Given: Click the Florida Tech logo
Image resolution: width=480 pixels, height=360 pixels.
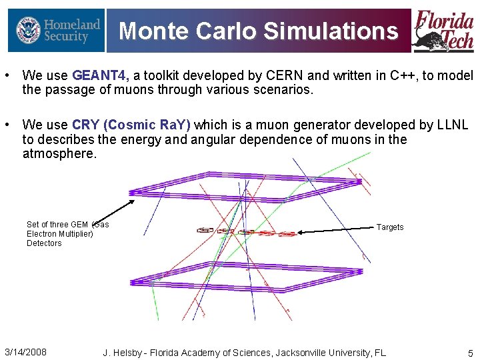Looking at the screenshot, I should point(443,31).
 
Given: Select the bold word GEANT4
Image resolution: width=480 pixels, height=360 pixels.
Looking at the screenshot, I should point(101,76).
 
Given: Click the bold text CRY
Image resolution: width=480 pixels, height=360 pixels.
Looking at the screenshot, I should point(85,125).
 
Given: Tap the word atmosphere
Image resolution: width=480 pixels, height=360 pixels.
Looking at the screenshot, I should point(59,154).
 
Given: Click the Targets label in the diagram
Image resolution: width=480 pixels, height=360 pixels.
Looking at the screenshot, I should point(390,227).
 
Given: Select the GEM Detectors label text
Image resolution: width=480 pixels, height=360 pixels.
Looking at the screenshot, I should point(67,234).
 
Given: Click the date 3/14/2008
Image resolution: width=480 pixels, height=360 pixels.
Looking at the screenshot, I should point(25,352).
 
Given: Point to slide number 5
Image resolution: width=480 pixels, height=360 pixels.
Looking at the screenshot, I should point(470,353).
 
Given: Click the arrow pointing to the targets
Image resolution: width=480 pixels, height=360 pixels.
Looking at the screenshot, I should point(337,230).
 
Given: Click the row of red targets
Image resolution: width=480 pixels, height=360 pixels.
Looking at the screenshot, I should point(247,232).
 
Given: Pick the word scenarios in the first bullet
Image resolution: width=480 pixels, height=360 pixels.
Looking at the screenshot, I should point(285,90).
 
